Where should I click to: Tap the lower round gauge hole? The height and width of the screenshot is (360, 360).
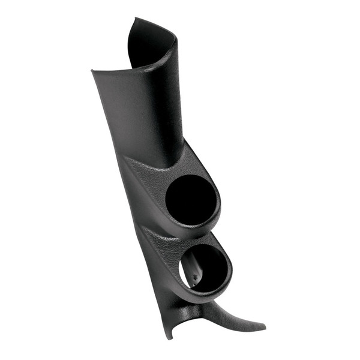[204, 268]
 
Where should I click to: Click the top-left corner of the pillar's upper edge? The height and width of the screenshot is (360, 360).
[92, 71]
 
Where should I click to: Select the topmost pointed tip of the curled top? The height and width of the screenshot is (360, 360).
[134, 19]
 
